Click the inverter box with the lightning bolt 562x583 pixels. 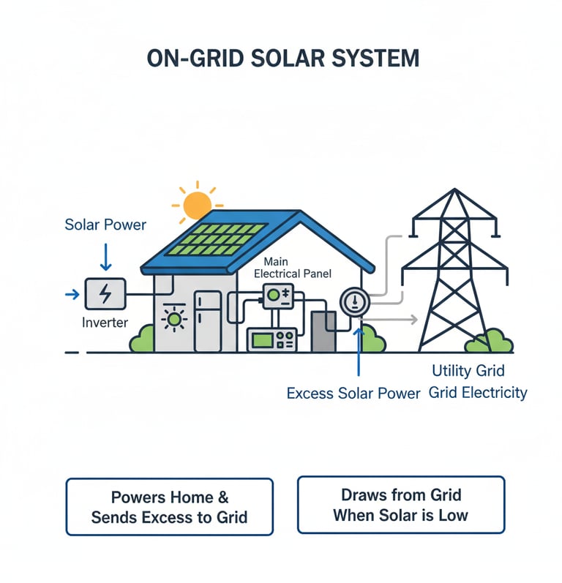pos(105,294)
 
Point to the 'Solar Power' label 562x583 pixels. pos(105,224)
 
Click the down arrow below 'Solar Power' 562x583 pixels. pos(105,257)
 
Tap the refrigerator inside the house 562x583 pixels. pos(209,320)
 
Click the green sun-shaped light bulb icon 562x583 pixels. pos(174,319)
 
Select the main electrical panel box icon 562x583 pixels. pos(277,296)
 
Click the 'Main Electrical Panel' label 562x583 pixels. pos(292,268)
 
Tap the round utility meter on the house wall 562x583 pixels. pos(354,301)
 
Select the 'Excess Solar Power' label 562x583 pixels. pos(353,394)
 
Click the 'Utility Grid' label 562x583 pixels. pos(468,371)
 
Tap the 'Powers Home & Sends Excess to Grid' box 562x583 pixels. pos(169,507)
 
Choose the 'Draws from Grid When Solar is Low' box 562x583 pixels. pos(401,505)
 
